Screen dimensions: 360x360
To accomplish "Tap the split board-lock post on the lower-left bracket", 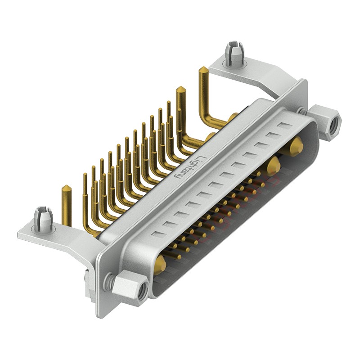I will point(43,218).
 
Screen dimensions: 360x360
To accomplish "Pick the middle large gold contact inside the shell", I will point(273,166).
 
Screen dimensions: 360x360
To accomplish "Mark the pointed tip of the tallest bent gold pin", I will point(203,70).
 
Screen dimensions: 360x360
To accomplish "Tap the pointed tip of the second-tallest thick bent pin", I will point(180,89).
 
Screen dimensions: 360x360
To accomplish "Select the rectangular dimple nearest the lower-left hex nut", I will point(156,234).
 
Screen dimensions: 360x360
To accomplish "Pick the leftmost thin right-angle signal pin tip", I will point(85,175).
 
